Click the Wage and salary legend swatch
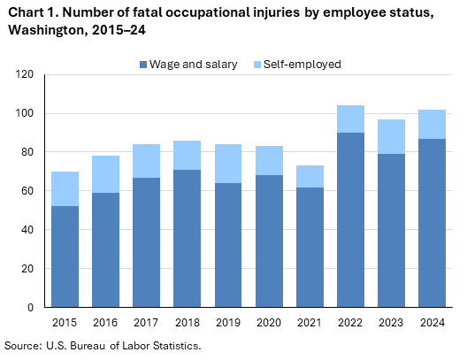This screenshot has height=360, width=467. (x=143, y=65)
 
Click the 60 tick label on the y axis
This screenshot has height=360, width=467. (x=27, y=191)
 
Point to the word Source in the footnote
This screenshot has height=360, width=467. (x=24, y=345)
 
